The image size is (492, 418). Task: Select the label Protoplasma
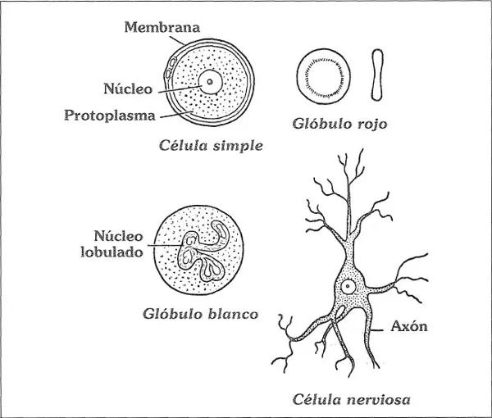(110, 116)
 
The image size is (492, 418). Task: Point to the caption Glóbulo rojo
(339, 125)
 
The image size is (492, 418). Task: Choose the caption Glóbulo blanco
(200, 314)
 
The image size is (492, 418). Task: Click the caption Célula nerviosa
(352, 400)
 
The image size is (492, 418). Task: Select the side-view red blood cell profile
(378, 75)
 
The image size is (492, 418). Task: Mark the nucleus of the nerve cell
(348, 287)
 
